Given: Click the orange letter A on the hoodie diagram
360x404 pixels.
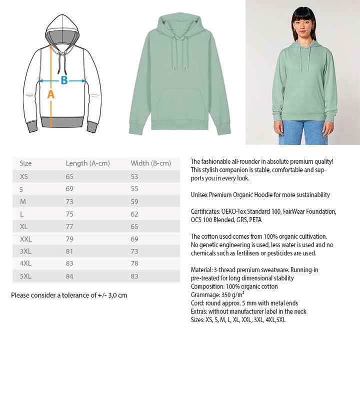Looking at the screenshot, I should click(x=50, y=94).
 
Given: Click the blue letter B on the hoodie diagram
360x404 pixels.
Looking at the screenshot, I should click(x=64, y=80).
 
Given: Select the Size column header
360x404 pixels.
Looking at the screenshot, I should click(x=25, y=163).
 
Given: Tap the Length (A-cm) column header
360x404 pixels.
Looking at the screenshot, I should click(x=87, y=163).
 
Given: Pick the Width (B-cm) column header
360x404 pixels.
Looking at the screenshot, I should click(x=150, y=163).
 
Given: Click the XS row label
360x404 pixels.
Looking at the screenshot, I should click(x=24, y=176).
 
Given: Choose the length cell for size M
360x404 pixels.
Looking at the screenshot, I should click(x=69, y=201).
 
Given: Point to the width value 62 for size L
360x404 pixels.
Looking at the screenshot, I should click(x=134, y=214).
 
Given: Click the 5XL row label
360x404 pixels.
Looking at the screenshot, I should click(x=25, y=276).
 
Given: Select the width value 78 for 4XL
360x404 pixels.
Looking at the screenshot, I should click(x=134, y=264).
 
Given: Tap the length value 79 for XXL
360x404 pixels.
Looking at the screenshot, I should click(x=69, y=239).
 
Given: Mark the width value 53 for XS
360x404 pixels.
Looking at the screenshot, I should click(x=134, y=176).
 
